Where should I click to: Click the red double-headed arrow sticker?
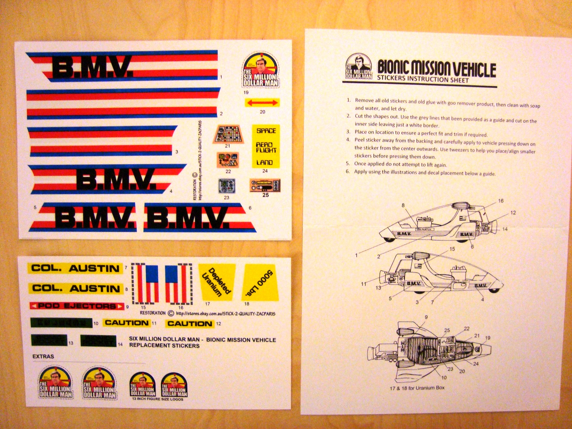point(262,103)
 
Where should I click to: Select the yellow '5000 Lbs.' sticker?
point(260,282)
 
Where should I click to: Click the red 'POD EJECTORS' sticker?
point(77,306)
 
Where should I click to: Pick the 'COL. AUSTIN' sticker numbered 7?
point(75,268)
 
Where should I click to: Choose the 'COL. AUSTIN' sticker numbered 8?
point(75,288)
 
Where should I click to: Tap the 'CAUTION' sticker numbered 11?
point(126,323)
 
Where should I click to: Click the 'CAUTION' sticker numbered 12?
point(189,324)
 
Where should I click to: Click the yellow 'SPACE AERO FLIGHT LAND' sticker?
point(266,146)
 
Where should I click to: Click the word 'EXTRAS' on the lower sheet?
point(43,356)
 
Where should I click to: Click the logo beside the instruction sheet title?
point(359,67)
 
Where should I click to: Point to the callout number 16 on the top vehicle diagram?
point(500,201)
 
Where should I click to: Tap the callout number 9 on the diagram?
point(426,317)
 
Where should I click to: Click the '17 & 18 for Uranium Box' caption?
point(417,388)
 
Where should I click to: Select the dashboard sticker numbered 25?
point(265,186)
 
